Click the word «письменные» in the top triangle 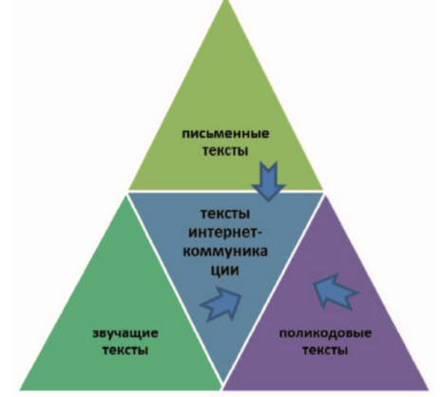225,134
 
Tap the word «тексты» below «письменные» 225,150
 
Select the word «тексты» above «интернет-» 225,214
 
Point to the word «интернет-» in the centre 225,234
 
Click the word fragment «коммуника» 225,252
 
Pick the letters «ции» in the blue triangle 225,271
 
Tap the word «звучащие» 125,334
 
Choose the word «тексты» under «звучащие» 125,350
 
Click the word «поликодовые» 325,334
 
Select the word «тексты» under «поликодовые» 325,350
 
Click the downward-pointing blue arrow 269,181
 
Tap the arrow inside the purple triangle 336,292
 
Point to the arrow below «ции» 221,303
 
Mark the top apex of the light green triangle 226,1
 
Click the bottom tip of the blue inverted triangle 223,384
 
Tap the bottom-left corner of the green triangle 20,389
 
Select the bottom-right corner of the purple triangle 429,389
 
